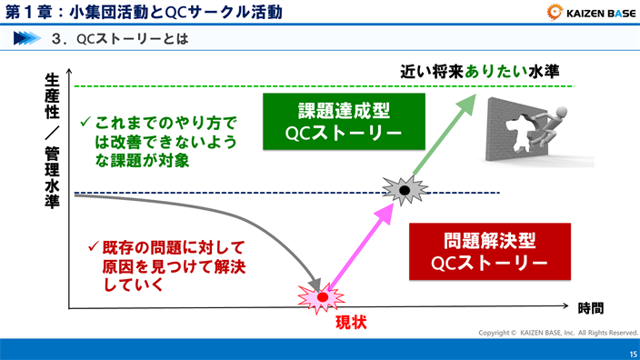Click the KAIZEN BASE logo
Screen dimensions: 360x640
coord(590,12)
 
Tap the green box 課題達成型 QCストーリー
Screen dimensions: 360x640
coord(344,122)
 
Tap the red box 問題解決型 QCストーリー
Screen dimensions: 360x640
coord(490,253)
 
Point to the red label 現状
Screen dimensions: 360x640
coord(351,322)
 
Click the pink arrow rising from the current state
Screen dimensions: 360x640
coord(359,245)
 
